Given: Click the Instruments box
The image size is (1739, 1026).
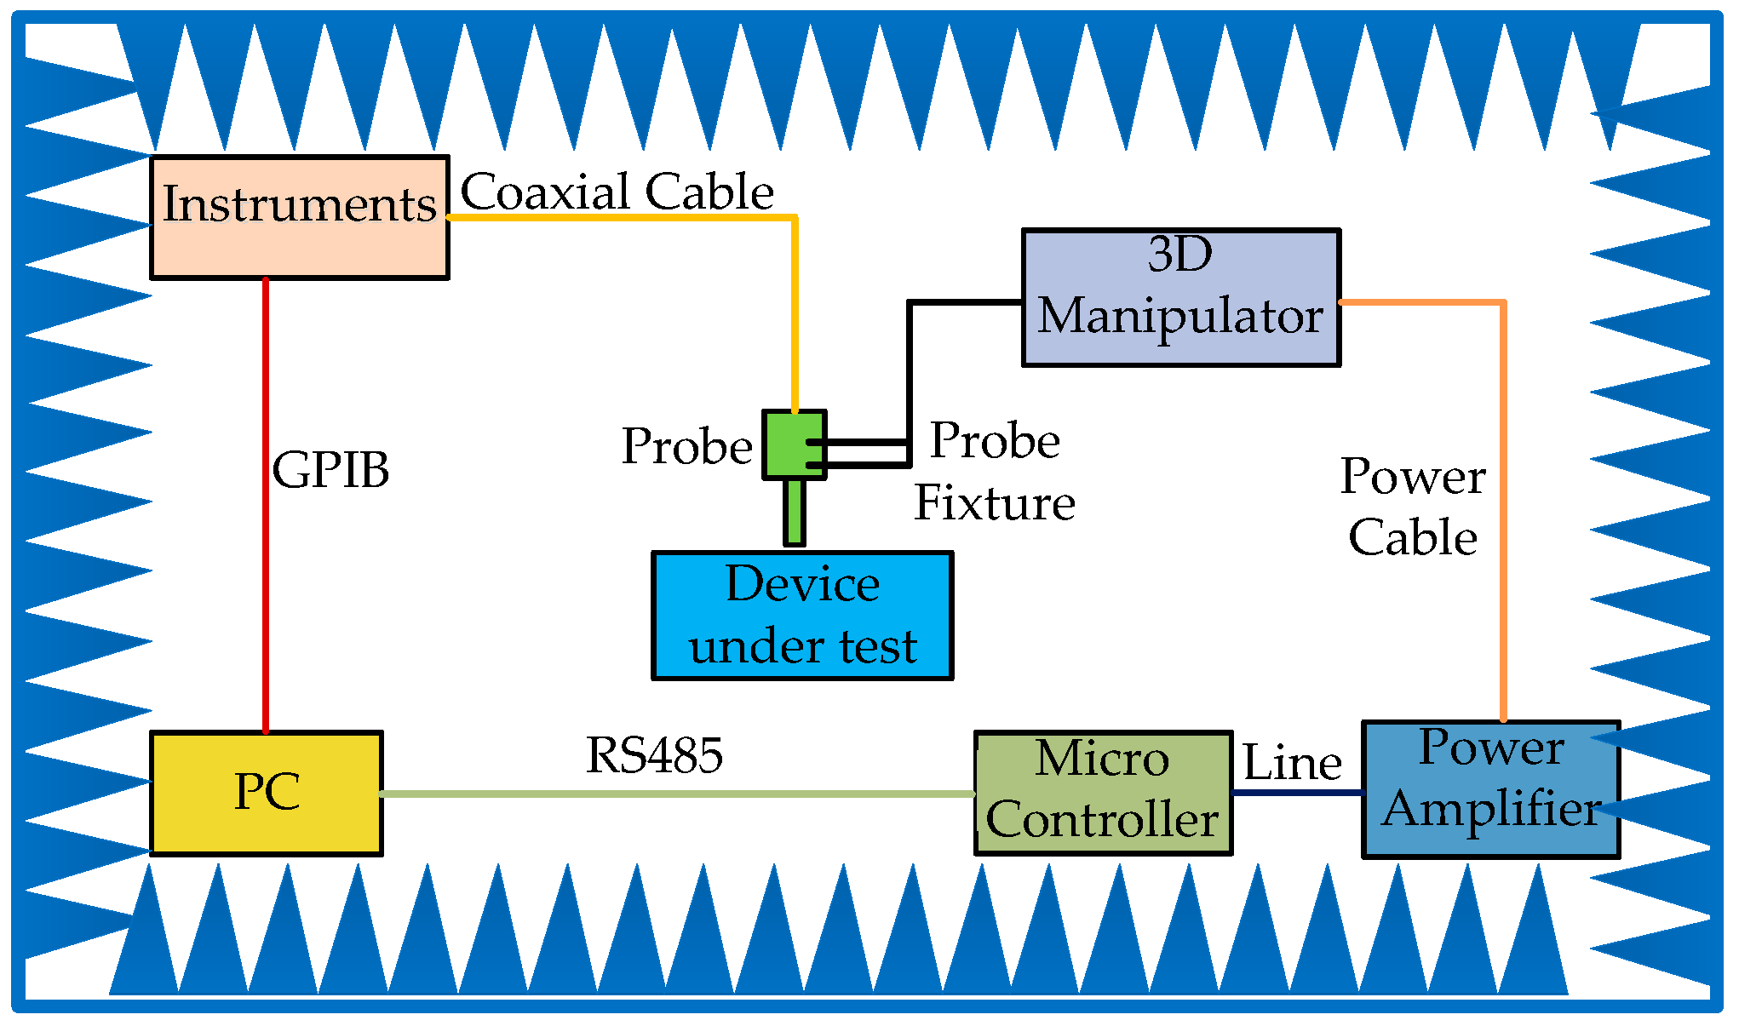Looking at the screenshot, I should click(299, 217).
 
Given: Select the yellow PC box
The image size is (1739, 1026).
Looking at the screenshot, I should click(266, 793).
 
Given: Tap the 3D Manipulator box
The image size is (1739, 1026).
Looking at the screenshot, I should click(1180, 297).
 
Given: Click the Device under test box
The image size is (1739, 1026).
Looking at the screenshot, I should click(801, 616).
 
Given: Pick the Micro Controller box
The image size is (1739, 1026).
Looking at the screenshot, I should click(1103, 793).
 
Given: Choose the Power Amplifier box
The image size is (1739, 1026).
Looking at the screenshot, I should click(1490, 789).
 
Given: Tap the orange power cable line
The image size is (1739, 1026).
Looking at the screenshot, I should click(1503, 511).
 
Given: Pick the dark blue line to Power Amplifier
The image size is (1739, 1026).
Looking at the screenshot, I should click(1297, 793).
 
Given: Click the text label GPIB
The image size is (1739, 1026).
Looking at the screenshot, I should click(330, 469).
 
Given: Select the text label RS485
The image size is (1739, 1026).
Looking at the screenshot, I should click(654, 755).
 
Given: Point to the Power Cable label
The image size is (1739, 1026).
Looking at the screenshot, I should click(1412, 506).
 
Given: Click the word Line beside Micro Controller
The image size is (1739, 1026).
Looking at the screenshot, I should click(1292, 762).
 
